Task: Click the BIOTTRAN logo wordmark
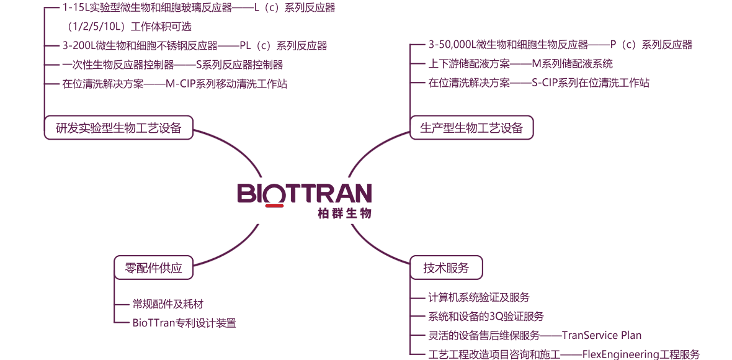305,192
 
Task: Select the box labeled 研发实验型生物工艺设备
118,127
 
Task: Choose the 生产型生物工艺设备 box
471,127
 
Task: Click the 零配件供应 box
153,268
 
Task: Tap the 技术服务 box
446,268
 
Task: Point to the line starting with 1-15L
199,8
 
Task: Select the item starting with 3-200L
194,46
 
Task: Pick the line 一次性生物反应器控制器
172,65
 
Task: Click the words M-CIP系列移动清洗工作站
226,84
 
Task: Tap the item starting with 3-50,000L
560,45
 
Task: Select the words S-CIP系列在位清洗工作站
590,83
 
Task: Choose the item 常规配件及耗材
168,304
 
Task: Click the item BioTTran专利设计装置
184,323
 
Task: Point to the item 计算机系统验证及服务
479,297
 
